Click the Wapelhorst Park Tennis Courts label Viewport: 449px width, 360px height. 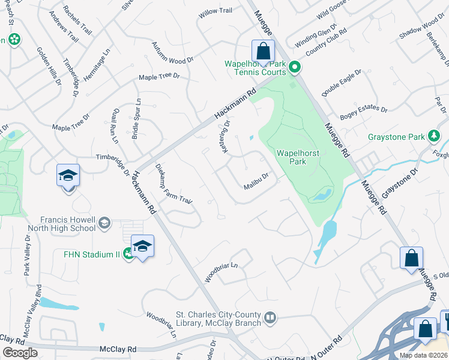click(255, 68)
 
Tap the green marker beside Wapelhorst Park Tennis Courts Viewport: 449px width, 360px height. click(294, 67)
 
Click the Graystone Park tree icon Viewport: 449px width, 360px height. click(434, 136)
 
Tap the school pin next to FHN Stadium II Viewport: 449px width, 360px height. click(142, 247)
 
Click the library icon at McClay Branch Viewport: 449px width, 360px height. click(270, 316)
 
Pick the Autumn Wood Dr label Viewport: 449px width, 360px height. click(172, 53)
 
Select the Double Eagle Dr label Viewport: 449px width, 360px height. click(342, 82)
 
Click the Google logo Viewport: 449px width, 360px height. click(20, 353)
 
